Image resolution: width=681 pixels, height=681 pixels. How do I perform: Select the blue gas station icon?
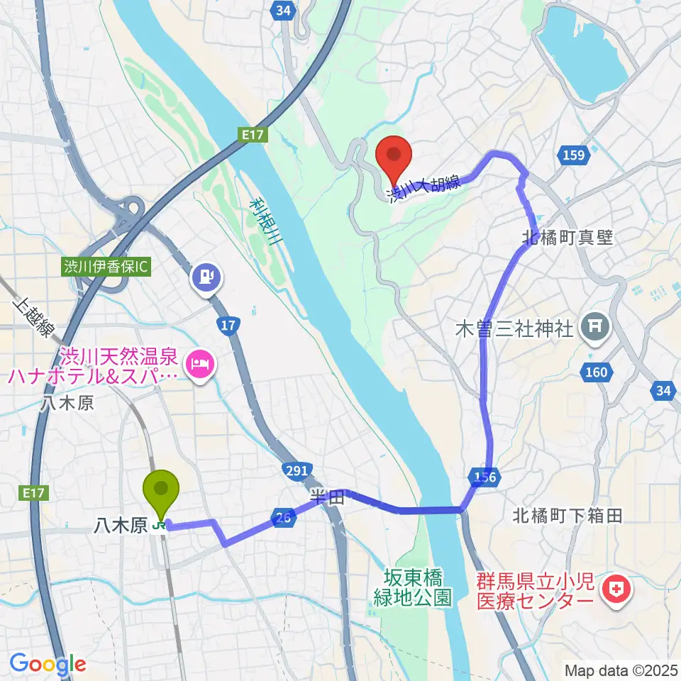tap(206, 276)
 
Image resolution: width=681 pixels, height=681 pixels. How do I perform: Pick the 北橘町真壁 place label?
tap(567, 238)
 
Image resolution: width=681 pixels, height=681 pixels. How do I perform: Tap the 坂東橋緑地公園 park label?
tap(413, 588)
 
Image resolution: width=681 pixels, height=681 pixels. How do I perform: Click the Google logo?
tap(48, 665)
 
